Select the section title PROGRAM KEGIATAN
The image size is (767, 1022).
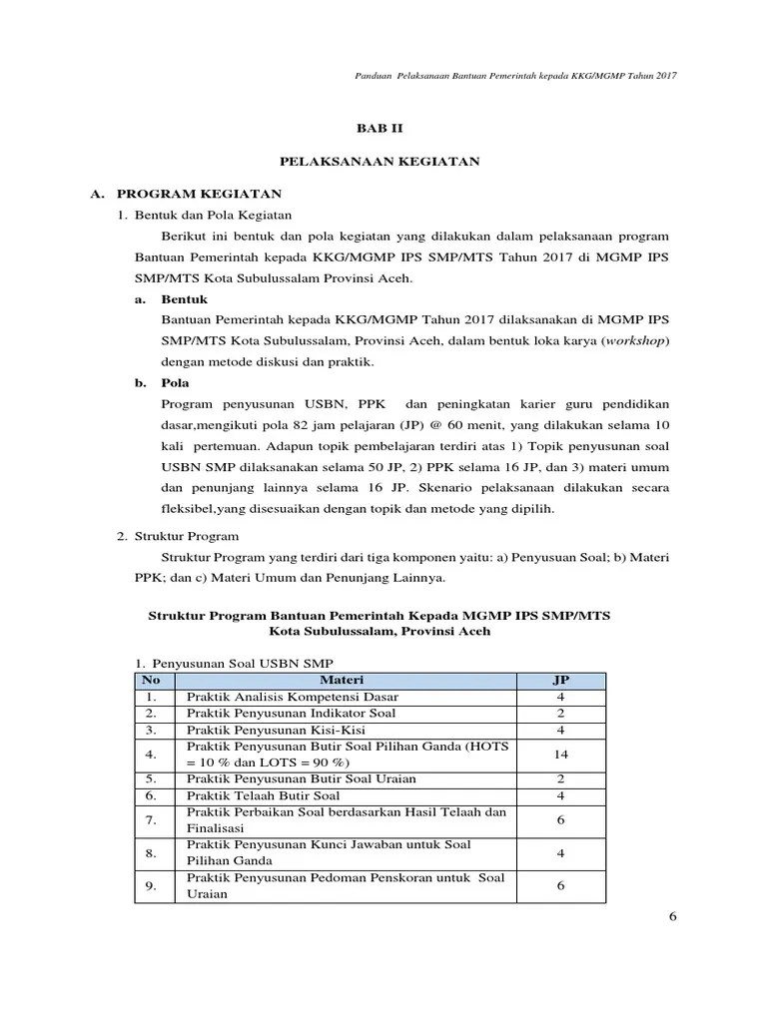(x=200, y=193)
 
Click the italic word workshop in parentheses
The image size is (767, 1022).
(x=635, y=340)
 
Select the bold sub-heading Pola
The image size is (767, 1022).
(x=176, y=382)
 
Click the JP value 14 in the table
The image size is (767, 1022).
(x=560, y=755)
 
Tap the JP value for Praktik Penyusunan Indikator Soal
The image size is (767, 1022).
(x=560, y=713)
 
